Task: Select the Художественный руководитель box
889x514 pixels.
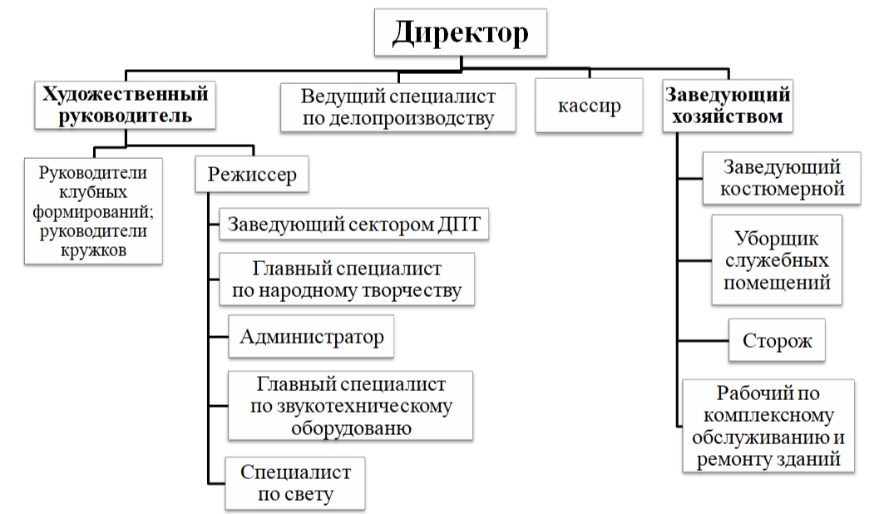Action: [124, 104]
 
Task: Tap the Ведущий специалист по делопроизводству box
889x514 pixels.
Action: [398, 106]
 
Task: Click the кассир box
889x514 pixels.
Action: [590, 106]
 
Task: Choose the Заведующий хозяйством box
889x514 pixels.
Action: [727, 105]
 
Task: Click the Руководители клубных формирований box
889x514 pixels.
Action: [93, 211]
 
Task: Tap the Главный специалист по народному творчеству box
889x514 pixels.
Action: [347, 280]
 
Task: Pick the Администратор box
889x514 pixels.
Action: [311, 337]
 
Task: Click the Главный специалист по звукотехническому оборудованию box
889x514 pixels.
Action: [351, 406]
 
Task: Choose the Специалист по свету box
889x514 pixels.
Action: [295, 483]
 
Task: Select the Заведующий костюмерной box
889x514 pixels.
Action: [781, 178]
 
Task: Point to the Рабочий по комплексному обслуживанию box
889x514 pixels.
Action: [768, 425]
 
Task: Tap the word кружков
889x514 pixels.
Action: [94, 250]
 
